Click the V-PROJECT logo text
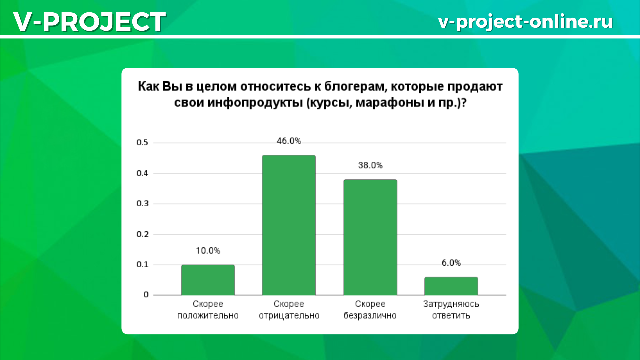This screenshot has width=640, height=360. (89, 22)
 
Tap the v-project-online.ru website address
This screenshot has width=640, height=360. (525, 22)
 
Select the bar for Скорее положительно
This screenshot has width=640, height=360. (208, 280)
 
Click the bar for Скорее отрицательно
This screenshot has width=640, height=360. (289, 225)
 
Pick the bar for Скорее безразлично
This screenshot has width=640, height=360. (370, 237)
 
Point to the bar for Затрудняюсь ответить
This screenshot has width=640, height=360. (451, 286)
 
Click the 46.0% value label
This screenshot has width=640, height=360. (289, 141)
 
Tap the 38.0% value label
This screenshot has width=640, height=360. (370, 165)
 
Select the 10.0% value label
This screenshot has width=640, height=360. (208, 251)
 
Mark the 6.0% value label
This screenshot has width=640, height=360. (451, 263)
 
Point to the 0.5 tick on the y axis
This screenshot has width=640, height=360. (142, 143)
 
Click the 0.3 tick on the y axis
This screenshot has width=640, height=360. (142, 204)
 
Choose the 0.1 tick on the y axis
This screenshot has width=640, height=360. (142, 265)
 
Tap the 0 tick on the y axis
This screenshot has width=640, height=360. (146, 295)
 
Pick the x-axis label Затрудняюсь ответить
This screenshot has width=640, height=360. (451, 310)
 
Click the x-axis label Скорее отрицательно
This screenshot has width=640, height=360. (289, 310)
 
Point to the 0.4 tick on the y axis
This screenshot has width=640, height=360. (142, 173)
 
